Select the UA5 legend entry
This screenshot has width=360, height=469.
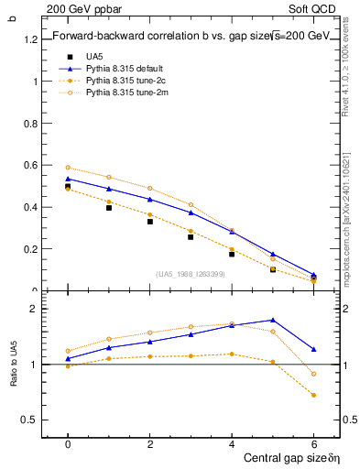pos(95,56)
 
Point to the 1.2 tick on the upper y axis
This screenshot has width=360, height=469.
pos(31,39)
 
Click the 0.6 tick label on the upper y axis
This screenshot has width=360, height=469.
pos(31,165)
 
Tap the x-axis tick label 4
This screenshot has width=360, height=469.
pos(232,443)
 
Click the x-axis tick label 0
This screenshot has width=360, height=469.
pos(68,443)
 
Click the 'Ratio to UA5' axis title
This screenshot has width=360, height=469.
pos(13,365)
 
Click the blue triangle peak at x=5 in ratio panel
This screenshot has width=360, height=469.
pos(273,320)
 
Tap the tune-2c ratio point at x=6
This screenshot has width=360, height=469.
pos(313,396)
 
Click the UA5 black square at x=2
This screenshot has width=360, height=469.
pos(149,222)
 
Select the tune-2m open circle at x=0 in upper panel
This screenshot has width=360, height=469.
pos(68,168)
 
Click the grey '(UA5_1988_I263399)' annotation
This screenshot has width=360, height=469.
pos(191,274)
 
